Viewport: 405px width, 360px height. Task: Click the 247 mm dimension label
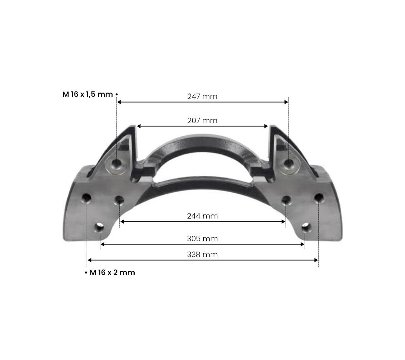202,96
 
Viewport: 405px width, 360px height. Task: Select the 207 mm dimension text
202,121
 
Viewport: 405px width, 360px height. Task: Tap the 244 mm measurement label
202,216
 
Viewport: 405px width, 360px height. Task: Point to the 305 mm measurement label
202,239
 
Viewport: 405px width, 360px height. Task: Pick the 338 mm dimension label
202,255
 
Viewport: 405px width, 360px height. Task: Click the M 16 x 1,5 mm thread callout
88,94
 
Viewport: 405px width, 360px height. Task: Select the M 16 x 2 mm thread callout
112,273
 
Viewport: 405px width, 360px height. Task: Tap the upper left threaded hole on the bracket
117,164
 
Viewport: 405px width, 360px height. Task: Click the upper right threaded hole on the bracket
289,164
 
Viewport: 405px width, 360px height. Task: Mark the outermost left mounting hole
86,197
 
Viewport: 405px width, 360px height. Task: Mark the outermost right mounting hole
319,197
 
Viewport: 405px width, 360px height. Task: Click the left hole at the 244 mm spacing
119,199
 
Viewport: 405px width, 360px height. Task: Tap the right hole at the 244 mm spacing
286,199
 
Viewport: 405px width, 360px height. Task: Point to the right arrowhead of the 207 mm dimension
266,126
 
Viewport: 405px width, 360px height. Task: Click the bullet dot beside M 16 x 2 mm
86,273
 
